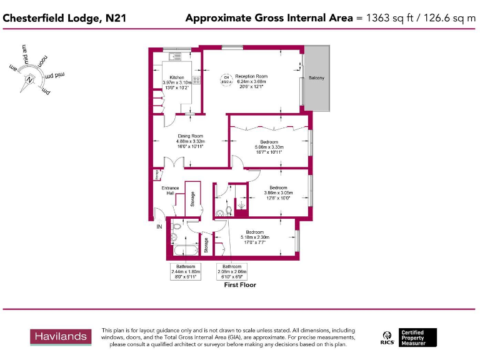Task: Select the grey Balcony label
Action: coord(316,78)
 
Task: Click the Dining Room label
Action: coord(190,136)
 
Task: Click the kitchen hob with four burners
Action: coord(196,79)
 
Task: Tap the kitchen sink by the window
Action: coord(174,57)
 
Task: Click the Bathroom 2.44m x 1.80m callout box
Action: coord(185,272)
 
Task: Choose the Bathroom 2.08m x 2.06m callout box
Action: coord(231,272)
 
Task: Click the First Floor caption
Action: coord(240,285)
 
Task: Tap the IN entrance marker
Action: coord(159,226)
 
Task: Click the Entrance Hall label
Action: coord(170,191)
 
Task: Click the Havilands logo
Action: coord(60,336)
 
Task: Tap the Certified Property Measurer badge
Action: coord(419,337)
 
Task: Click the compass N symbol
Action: coord(29,79)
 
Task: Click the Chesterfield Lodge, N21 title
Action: coord(64,18)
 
